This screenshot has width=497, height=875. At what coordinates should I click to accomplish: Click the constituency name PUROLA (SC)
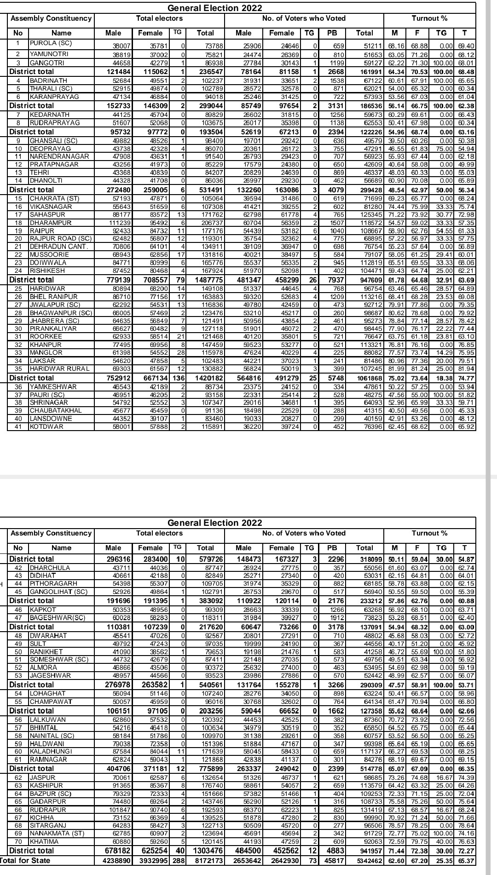pos(51,43)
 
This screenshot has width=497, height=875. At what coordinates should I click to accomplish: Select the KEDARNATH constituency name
pos(50,115)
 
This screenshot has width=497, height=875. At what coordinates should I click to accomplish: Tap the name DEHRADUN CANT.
pos(59,247)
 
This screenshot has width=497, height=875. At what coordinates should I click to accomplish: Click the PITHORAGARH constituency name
pos(53,583)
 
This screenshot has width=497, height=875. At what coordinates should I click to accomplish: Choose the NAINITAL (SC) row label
pos(52,736)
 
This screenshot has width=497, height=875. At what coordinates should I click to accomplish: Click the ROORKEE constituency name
pos(46,336)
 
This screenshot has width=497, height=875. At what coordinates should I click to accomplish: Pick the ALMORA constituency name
pos(44,668)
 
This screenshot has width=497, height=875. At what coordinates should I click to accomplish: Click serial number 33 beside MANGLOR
pos(18,352)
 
